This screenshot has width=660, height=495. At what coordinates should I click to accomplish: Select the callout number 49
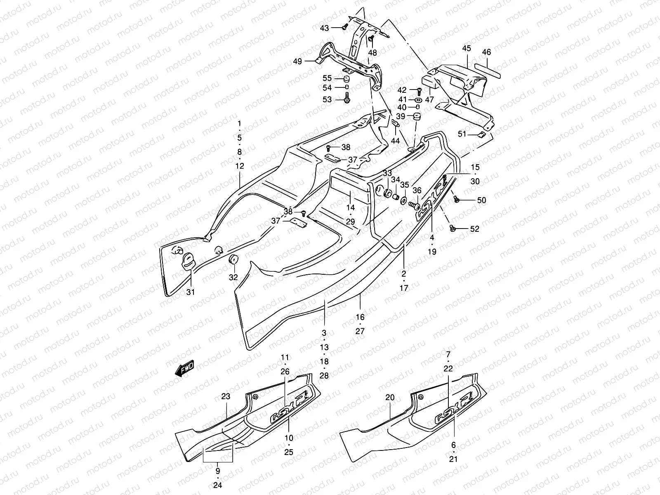pos(297,61)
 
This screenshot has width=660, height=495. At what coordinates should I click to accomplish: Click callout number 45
pos(466,49)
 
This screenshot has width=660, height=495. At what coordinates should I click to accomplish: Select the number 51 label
pos(463,134)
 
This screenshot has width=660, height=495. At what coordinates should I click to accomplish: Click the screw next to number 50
pos(457,199)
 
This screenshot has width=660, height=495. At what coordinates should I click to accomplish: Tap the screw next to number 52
pos(453,228)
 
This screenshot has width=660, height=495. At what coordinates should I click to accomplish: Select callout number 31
pos(190,292)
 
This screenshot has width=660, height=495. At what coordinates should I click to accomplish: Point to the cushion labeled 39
pos(415,117)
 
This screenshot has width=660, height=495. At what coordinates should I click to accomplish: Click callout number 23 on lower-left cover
pos(225,397)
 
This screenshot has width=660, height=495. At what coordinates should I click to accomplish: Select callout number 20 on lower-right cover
pos(390,398)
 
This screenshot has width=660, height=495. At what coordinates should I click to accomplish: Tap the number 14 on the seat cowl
pos(350,208)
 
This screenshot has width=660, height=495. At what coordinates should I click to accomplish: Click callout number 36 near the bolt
pos(417,190)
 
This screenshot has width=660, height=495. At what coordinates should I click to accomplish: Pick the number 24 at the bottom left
pos(218,485)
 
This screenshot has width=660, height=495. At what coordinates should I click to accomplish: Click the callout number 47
pos(430,99)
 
